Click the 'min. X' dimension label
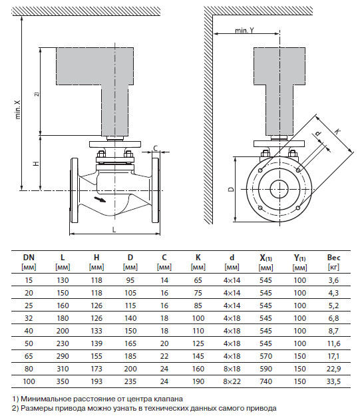tap(18, 110)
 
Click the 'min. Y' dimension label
tap(244, 31)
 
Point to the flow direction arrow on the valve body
tap(100, 200)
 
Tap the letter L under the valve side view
tap(114, 230)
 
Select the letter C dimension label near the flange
tap(156, 148)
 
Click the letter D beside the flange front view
tap(232, 189)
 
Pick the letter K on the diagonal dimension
tap(337, 131)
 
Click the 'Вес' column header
tap(333, 258)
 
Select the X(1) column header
tap(266, 258)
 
